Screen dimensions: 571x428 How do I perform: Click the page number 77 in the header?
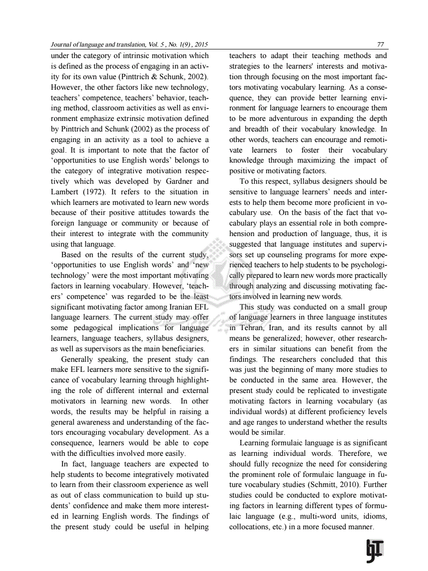tap(380, 45)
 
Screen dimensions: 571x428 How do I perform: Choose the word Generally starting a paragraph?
tap(78, 359)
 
